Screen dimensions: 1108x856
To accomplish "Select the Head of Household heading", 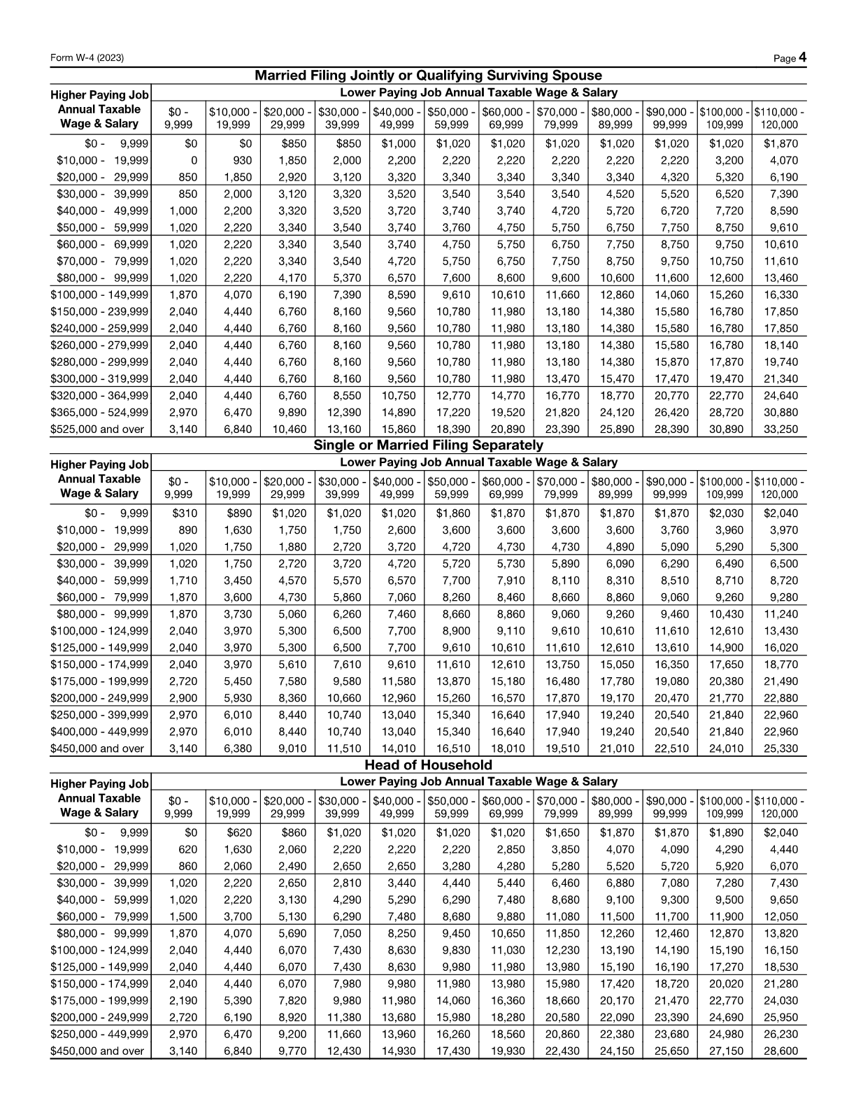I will tap(428, 765).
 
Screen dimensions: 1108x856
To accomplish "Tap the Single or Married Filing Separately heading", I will tap(428, 445).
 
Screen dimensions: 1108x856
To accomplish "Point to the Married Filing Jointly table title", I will tap(428, 76).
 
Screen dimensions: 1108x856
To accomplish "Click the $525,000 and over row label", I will tap(97, 429).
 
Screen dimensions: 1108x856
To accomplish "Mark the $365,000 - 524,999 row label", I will tap(99, 413).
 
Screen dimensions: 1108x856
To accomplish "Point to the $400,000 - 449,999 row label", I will tap(99, 732).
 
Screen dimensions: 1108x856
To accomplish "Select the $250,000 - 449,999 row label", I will tap(99, 1034).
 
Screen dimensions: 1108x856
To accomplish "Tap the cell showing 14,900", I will tap(725, 648).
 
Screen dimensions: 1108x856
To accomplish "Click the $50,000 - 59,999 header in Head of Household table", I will tap(451, 807).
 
